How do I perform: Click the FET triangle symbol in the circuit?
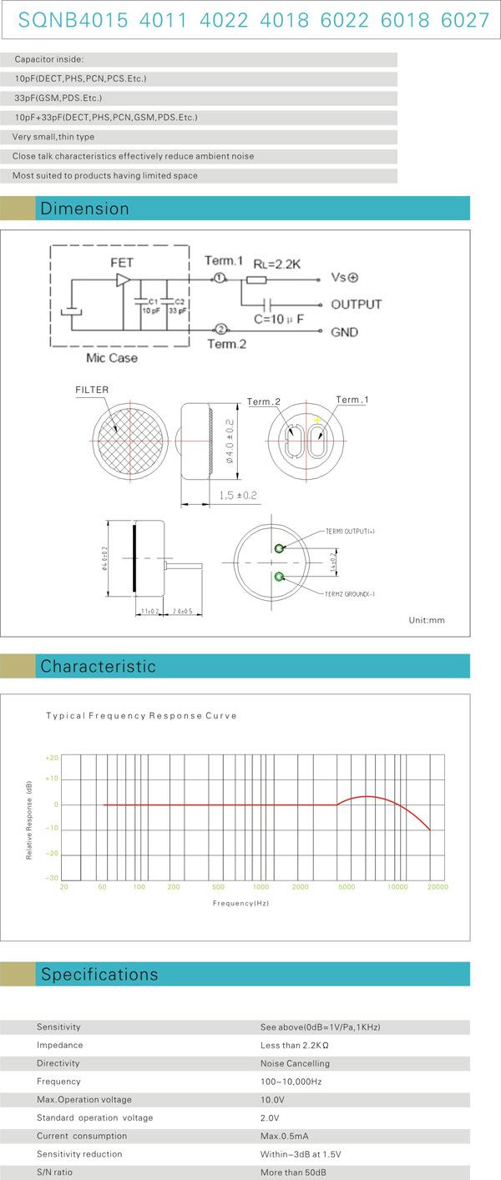click(123, 280)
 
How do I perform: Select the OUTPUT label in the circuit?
click(356, 305)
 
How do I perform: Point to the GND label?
click(344, 332)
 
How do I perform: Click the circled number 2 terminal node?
click(221, 330)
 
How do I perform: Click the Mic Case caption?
click(111, 358)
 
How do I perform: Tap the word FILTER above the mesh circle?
click(92, 390)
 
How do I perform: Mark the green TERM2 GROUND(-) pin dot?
click(278, 577)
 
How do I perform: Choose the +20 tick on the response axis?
click(52, 758)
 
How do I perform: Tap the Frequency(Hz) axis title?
click(240, 903)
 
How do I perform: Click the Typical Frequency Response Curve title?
click(141, 716)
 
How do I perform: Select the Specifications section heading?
click(99, 975)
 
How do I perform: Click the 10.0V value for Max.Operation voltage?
click(271, 1100)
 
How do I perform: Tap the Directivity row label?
click(58, 1063)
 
